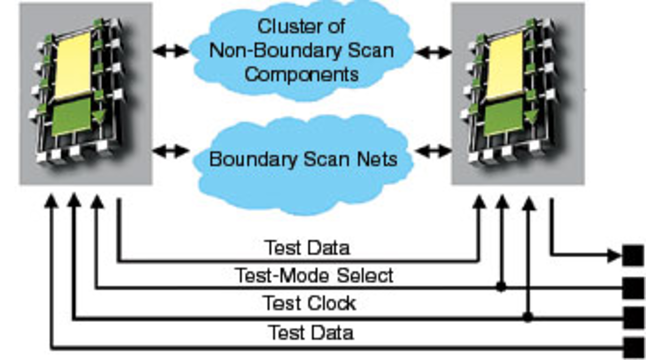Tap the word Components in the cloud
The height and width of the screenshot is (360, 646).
click(301, 74)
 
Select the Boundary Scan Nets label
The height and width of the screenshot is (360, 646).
click(303, 159)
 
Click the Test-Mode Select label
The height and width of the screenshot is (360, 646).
click(314, 276)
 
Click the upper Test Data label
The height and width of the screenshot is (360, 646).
click(307, 248)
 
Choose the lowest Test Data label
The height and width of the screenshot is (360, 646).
click(311, 333)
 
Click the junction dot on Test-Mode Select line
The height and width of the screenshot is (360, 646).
click(501, 287)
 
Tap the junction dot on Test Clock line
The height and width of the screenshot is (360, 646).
click(528, 317)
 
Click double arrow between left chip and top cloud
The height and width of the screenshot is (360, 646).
click(171, 51)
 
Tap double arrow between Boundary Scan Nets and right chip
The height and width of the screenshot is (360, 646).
click(433, 151)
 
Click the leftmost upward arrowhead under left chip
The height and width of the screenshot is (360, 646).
click(51, 201)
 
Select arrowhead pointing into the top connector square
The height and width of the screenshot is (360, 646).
click(614, 256)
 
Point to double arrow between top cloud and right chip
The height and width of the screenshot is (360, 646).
click(433, 52)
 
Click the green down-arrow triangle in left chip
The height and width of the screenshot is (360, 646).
click(99, 116)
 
